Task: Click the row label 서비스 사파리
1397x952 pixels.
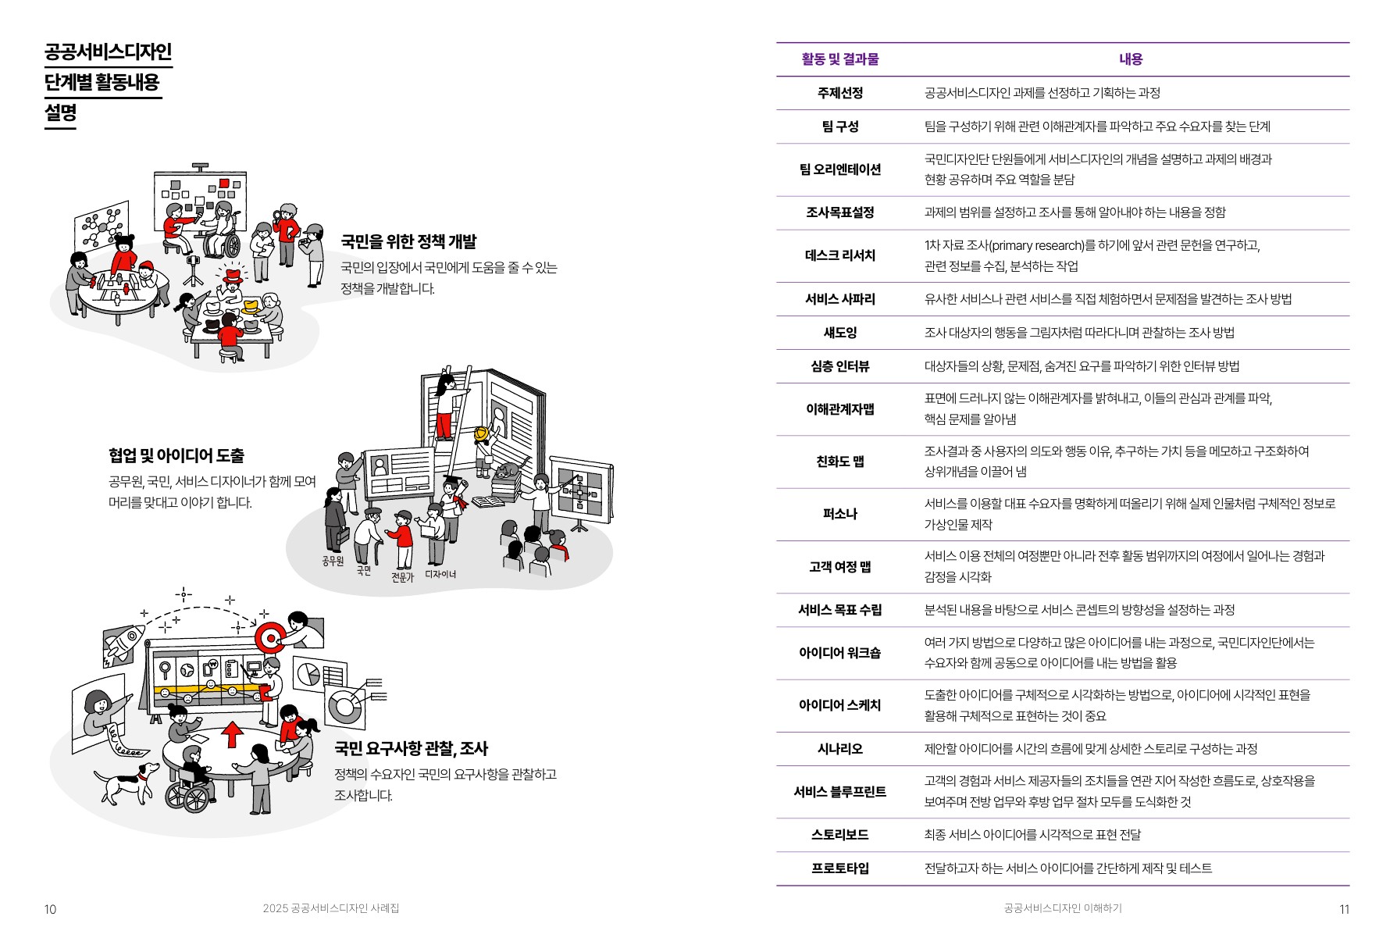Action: point(839,299)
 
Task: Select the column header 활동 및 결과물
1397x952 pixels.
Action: point(839,59)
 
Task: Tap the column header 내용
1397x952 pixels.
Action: point(1130,59)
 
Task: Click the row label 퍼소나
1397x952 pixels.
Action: point(839,514)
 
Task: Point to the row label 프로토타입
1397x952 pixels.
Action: point(839,868)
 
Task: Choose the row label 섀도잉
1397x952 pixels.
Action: point(839,333)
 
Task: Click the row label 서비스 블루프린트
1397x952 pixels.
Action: point(839,792)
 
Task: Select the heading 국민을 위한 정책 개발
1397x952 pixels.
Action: point(408,242)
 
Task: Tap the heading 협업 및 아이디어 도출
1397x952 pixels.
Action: point(176,455)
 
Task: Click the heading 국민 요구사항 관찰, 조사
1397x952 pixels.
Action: point(411,749)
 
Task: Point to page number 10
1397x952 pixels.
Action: point(50,909)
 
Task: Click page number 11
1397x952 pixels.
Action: point(1344,909)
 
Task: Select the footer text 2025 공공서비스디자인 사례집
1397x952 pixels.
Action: point(331,908)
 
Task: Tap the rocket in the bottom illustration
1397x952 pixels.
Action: point(125,644)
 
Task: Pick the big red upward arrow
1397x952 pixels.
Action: point(232,735)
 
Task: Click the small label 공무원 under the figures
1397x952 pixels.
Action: point(333,561)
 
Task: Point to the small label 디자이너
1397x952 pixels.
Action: point(440,574)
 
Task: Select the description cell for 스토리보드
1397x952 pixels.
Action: point(1032,835)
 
